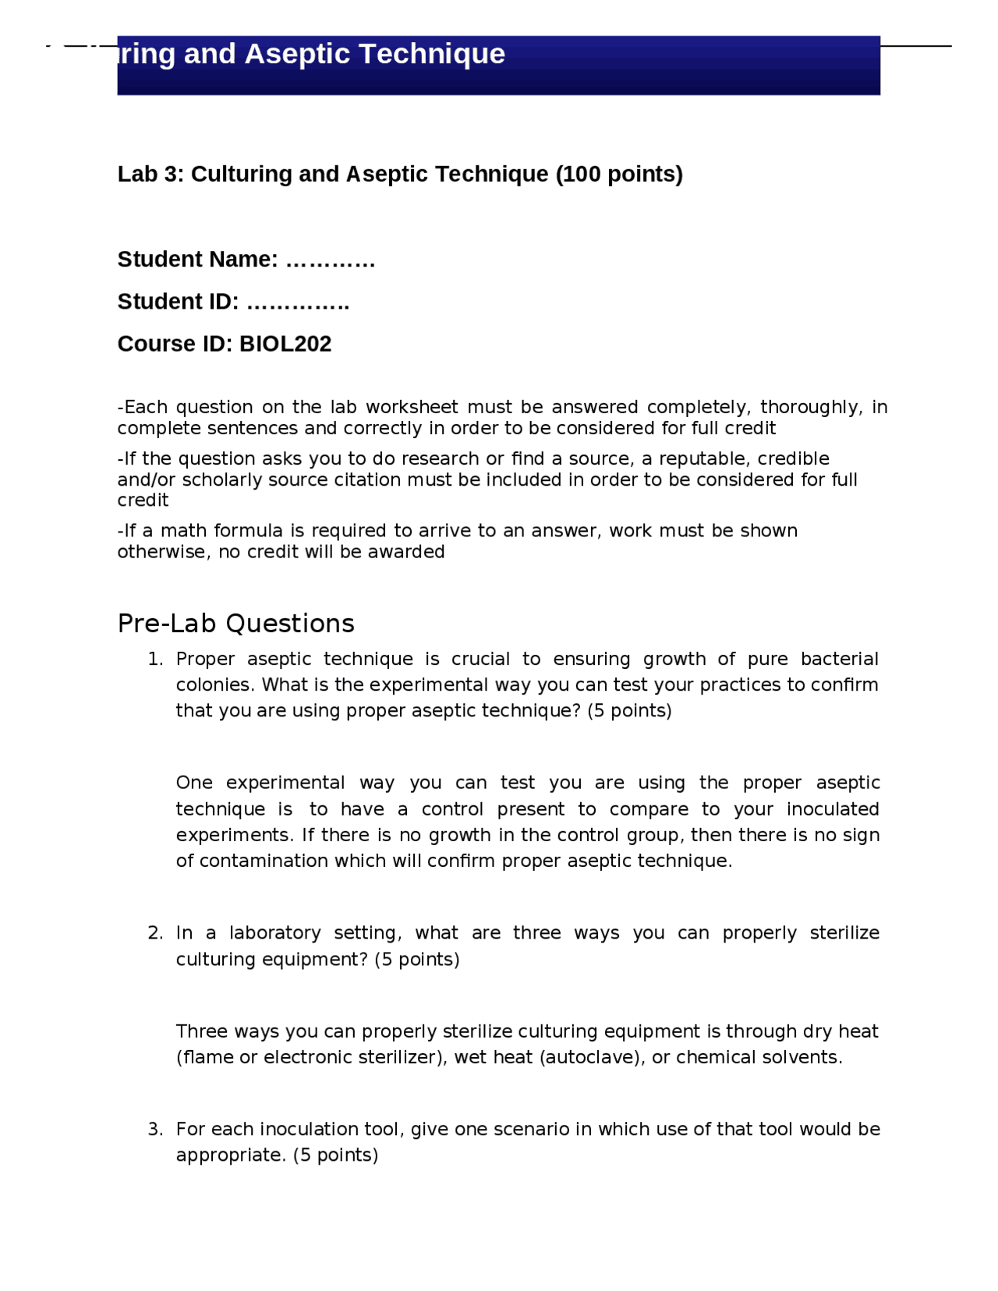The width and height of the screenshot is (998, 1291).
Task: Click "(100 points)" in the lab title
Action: (619, 174)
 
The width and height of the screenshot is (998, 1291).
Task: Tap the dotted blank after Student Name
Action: (331, 260)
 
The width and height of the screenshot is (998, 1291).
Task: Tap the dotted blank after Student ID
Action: (298, 302)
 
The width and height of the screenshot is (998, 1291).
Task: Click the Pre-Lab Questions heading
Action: (235, 624)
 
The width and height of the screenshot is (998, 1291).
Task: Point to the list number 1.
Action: (155, 660)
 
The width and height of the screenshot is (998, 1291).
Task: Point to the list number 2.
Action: (155, 933)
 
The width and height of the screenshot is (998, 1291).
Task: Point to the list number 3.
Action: (155, 1130)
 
